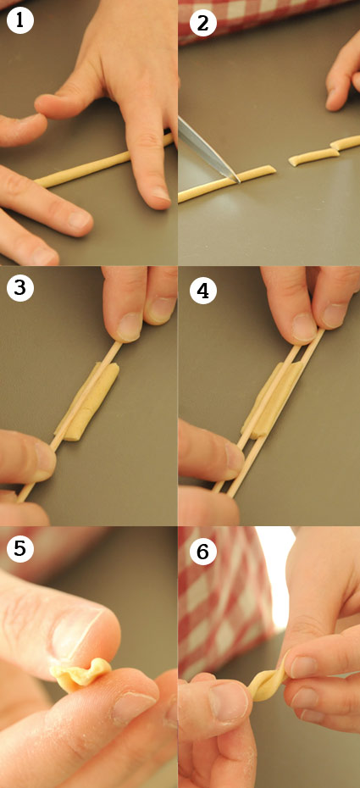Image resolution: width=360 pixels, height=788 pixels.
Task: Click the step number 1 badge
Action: point(20,20)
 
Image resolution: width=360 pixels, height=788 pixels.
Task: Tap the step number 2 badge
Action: point(202,23)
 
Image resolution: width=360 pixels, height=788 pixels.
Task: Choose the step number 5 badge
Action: point(20,548)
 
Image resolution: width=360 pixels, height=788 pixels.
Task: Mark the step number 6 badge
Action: point(202,552)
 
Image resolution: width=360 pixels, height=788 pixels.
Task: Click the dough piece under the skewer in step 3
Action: point(86,402)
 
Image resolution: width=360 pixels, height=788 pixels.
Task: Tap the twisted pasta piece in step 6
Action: point(269,677)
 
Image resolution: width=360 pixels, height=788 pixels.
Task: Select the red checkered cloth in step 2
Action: point(261,18)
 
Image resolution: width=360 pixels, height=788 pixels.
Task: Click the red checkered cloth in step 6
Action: point(221,603)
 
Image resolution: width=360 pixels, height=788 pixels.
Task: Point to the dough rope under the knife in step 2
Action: point(227,185)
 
